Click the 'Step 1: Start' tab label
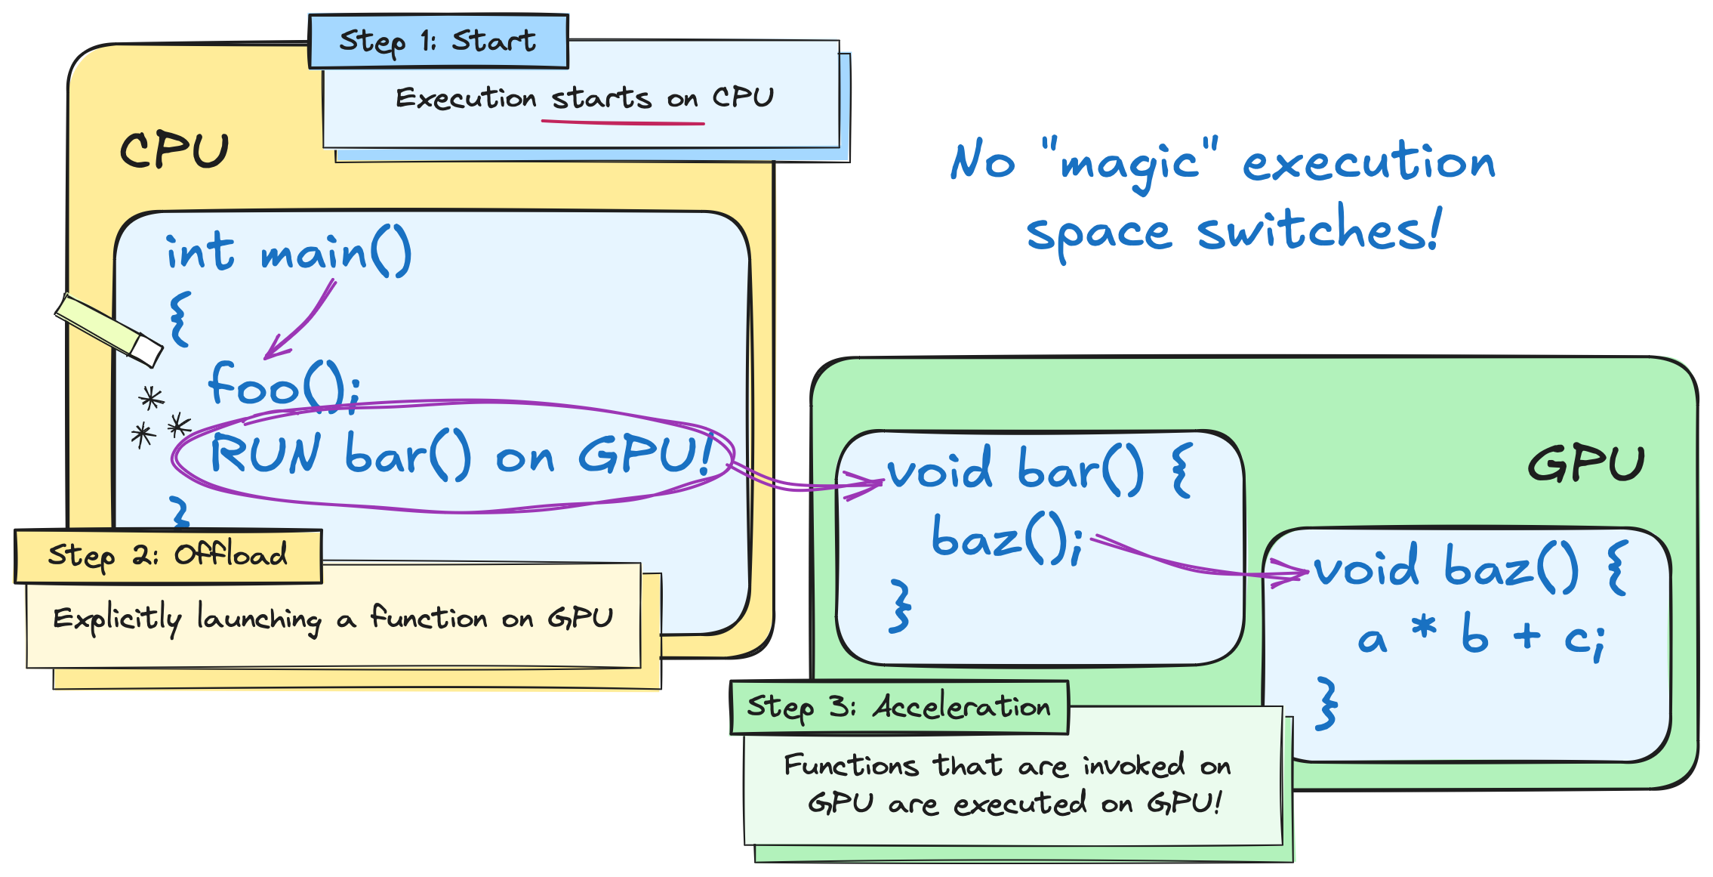point(438,42)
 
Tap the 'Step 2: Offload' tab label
point(168,556)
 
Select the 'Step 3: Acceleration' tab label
point(898,708)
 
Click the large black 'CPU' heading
point(174,151)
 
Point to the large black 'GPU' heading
point(1585,463)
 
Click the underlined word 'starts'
point(601,99)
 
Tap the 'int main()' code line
point(288,253)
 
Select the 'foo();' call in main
point(284,385)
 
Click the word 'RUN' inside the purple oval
point(266,455)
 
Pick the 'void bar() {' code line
point(1039,470)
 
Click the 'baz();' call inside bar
point(1007,539)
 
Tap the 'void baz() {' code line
point(1468,567)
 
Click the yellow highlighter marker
point(110,330)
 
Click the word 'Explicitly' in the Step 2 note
point(117,619)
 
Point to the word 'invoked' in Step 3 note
point(1134,766)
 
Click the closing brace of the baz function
point(1326,703)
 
